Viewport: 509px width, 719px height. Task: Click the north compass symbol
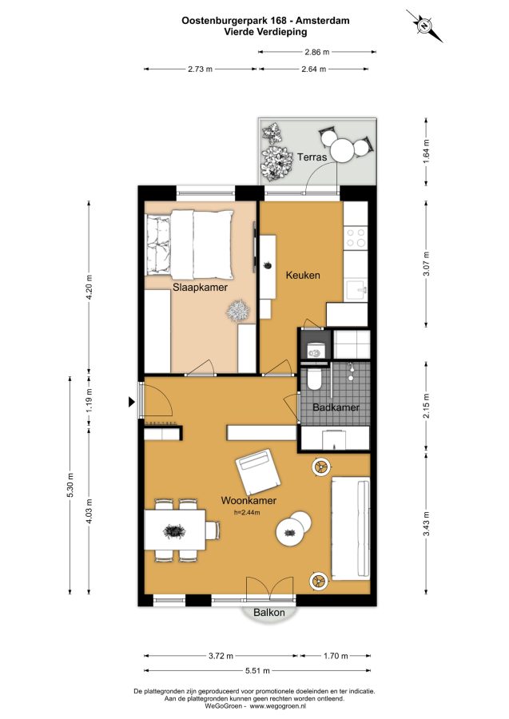[x=424, y=26]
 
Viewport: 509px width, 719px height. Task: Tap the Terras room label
[x=312, y=157]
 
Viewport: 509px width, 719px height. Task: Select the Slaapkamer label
[x=200, y=288]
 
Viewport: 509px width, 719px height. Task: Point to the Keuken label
[x=303, y=275]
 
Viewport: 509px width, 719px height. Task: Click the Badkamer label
[x=336, y=407]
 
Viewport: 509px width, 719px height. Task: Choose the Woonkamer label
[x=249, y=500]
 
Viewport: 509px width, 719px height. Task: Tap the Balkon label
[x=269, y=612]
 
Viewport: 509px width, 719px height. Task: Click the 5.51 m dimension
[x=258, y=670]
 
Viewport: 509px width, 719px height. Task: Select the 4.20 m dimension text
[x=89, y=287]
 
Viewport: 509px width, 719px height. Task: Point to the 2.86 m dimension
[x=317, y=52]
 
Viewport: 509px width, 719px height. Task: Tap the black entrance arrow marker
[x=132, y=402]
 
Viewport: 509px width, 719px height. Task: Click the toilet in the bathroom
[x=315, y=379]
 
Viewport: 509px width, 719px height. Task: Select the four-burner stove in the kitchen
[x=356, y=238]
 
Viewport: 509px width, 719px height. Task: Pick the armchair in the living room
[x=258, y=472]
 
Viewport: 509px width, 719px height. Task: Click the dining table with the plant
[x=175, y=530]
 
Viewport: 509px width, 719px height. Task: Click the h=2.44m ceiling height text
[x=247, y=512]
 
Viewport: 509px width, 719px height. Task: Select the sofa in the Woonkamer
[x=350, y=527]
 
